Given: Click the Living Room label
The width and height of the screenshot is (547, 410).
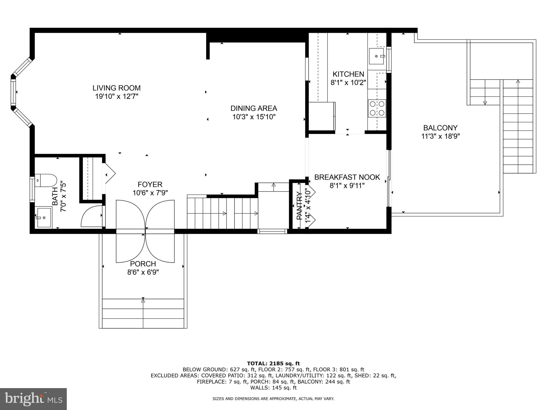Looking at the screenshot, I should coord(116,88).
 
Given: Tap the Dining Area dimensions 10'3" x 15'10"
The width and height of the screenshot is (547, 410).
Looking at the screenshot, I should coord(254,117).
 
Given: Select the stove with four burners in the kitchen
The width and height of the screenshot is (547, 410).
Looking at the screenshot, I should coord(377,108).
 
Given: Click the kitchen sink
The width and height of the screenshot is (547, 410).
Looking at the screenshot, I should coord(376,56).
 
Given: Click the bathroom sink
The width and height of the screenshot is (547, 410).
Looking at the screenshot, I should coord(44,218).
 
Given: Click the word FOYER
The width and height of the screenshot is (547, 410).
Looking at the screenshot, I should coord(150,184).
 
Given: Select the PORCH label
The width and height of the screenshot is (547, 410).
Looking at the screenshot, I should coord(143,264).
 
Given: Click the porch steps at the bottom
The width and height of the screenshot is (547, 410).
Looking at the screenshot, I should coord(143,313).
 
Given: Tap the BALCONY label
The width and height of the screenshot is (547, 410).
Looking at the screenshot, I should coord(440,128).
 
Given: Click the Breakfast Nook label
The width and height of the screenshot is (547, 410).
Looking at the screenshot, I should coord(347,177).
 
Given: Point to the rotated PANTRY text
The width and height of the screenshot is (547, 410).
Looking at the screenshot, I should coord(299,206).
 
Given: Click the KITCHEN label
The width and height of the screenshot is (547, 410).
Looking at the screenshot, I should coord(348,74).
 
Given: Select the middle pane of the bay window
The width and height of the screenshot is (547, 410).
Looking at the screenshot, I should coord(13,92).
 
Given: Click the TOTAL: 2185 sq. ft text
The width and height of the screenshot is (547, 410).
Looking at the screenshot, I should coord(273,363).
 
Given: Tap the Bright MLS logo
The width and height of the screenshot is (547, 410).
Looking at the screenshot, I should coord(33,399).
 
